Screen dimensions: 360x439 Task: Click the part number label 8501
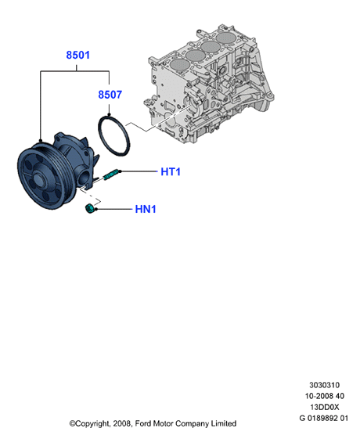tap(77, 55)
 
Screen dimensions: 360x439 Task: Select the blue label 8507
tap(110, 95)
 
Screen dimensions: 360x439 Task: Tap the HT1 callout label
tap(171, 171)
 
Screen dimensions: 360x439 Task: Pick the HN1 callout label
tap(146, 209)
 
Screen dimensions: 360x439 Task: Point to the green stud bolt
tap(111, 175)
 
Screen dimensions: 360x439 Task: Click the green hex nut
tap(89, 210)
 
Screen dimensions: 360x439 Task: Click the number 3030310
tap(325, 385)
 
